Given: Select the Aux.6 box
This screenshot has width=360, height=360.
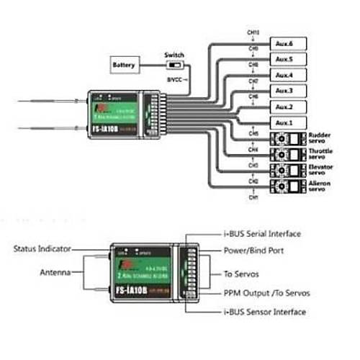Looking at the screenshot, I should [x=284, y=42].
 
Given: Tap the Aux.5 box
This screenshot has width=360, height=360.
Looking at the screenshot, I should [x=284, y=58].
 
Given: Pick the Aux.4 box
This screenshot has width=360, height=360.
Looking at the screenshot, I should [x=284, y=75].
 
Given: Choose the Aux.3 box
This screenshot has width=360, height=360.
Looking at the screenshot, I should [x=284, y=91].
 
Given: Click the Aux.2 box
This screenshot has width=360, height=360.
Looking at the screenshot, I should [x=284, y=107].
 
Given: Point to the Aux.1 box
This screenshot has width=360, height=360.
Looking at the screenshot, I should [x=284, y=123].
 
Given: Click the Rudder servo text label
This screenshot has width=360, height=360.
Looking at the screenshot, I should [x=320, y=138].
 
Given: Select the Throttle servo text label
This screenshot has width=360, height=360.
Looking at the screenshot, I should [x=320, y=154].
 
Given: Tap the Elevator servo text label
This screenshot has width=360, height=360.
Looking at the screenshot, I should [x=320, y=170].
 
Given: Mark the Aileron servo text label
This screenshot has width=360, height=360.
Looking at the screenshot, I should [x=320, y=186].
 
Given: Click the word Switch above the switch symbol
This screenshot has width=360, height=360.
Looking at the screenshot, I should [x=174, y=54].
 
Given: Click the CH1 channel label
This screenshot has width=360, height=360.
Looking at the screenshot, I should [x=253, y=197].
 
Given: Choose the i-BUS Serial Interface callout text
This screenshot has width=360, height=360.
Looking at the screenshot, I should [x=260, y=234].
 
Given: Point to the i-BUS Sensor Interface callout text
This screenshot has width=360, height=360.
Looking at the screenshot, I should [x=262, y=312].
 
